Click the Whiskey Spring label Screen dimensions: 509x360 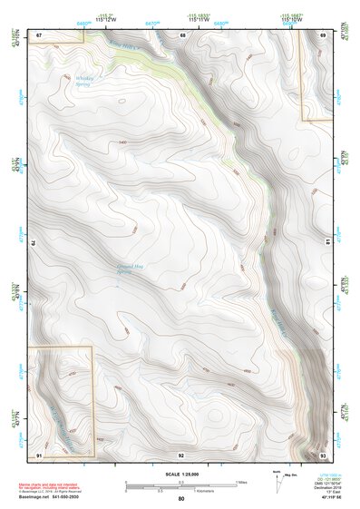pyautogui.click(x=84, y=80)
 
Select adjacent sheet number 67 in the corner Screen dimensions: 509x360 pyautogui.click(x=40, y=35)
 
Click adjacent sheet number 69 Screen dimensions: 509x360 pyautogui.click(x=324, y=35)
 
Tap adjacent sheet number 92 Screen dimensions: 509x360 pyautogui.click(x=181, y=454)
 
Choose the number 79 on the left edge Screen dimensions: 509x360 pyautogui.click(x=34, y=243)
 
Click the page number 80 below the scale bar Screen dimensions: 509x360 pyautogui.click(x=181, y=498)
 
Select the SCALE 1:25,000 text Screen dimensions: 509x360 pyautogui.click(x=181, y=474)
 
